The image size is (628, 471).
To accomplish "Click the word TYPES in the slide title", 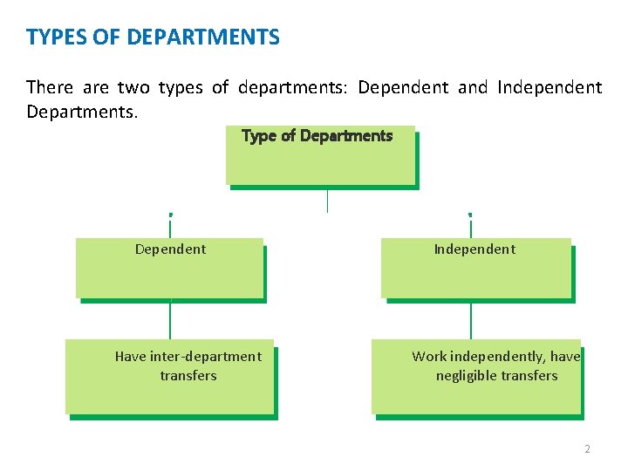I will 53,38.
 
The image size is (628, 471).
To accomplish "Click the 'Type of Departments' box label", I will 317,136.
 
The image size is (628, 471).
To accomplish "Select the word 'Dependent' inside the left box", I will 170,249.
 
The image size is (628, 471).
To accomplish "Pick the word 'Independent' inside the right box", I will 474,249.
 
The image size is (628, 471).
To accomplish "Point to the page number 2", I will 587,449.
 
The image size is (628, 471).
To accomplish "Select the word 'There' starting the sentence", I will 50,87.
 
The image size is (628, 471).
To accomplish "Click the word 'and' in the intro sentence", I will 473,87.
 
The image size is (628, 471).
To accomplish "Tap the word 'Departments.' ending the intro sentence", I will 82,113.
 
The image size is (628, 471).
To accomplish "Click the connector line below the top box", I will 327,200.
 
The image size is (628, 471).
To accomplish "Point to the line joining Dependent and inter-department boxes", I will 170,320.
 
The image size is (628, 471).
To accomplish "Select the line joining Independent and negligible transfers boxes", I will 471,320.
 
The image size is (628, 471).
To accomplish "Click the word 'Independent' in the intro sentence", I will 549,87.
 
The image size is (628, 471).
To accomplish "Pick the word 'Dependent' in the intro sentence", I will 403,87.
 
